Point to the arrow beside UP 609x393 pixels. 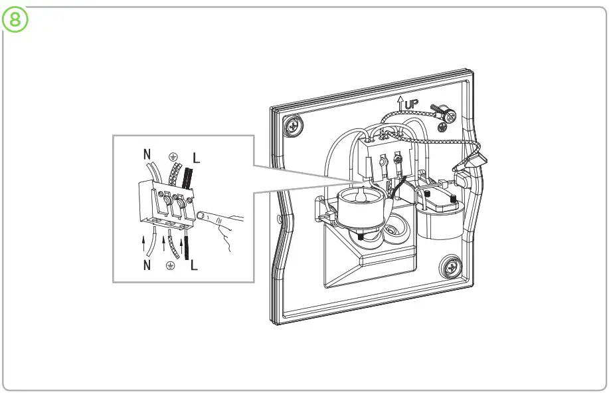pos(400,103)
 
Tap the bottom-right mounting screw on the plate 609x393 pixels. pos(450,267)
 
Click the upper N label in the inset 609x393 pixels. pos(147,155)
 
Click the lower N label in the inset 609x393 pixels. pos(147,266)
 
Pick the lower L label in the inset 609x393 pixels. pos(194,266)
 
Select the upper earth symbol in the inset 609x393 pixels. pos(173,157)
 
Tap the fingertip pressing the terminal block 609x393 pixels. pos(202,215)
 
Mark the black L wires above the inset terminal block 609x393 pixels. pos(187,179)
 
